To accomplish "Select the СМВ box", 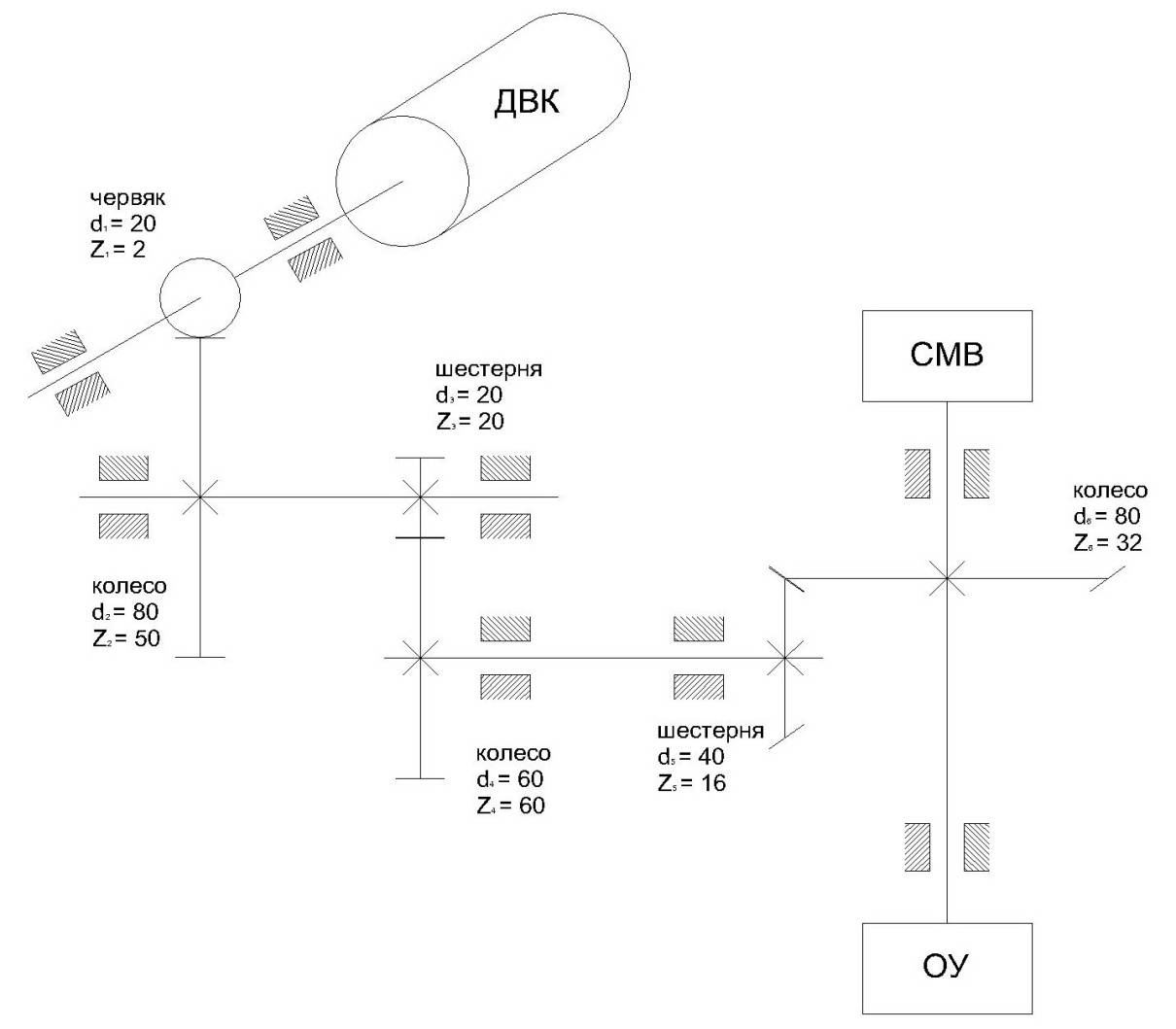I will pos(947,355).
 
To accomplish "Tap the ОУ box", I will pos(947,966).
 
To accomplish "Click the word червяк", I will pos(127,198).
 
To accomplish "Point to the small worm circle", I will pos(199,297).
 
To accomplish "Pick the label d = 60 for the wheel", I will pos(509,779).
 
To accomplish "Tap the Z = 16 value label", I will pos(691,783).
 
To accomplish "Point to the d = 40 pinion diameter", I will pos(691,757).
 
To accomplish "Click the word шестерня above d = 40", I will pos(710,731).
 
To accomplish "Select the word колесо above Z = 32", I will pos(1111,490).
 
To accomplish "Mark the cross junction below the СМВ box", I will pos(947,578).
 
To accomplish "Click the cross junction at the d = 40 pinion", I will pos(785,658).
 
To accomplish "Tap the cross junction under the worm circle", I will pos(199,497).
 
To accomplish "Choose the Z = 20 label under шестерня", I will pos(470,422).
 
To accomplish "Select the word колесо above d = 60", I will pos(513,753).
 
